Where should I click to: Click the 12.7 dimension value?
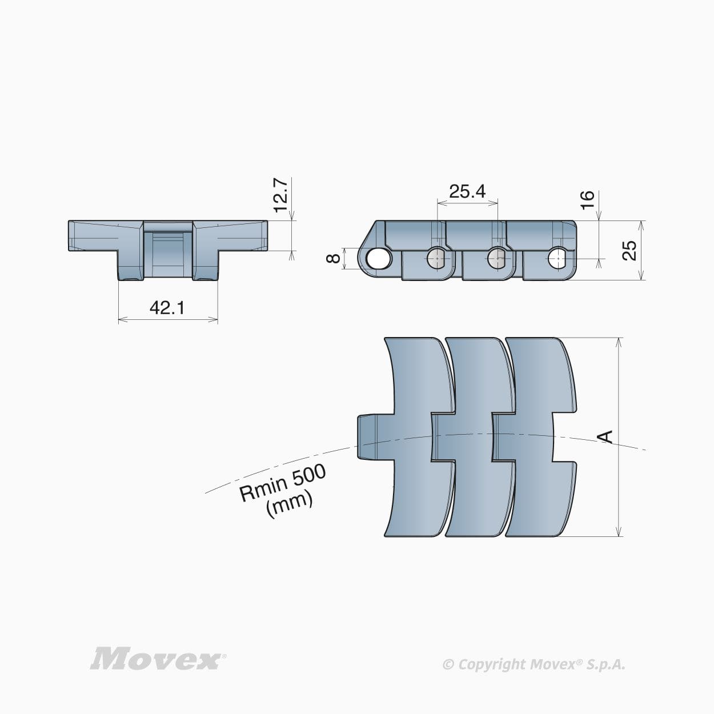click(x=280, y=194)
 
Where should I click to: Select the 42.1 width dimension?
click(x=167, y=308)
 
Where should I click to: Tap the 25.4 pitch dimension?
click(x=467, y=191)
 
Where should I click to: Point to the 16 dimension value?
click(x=587, y=200)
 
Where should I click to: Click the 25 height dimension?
click(x=629, y=250)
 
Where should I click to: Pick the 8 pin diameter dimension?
click(x=334, y=258)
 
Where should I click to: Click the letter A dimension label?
click(x=605, y=437)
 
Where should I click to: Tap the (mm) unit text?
click(x=290, y=505)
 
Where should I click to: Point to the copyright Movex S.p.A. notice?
click(x=534, y=664)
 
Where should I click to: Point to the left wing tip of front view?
click(x=77, y=235)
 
